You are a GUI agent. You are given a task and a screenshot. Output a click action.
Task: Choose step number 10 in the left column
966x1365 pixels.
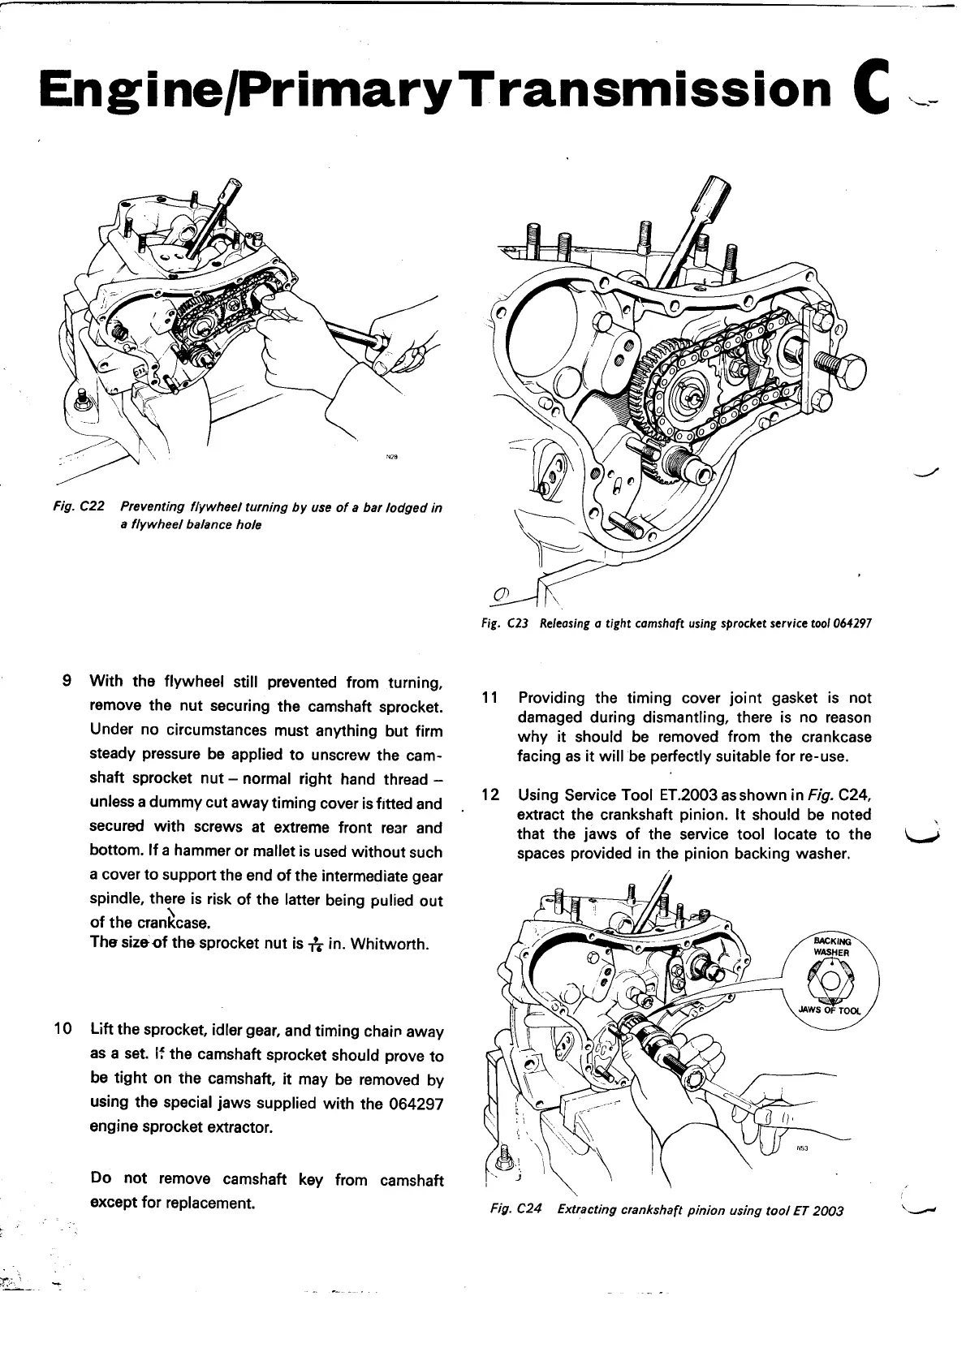pos(63,1031)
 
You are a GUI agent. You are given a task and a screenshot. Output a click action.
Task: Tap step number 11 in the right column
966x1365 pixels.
pos(489,698)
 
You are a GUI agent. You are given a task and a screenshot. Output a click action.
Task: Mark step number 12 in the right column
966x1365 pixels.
pos(489,794)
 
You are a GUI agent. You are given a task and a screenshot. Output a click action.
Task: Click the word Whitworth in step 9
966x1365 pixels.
pos(390,945)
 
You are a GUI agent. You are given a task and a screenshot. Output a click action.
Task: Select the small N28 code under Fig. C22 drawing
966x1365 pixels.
pos(392,457)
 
